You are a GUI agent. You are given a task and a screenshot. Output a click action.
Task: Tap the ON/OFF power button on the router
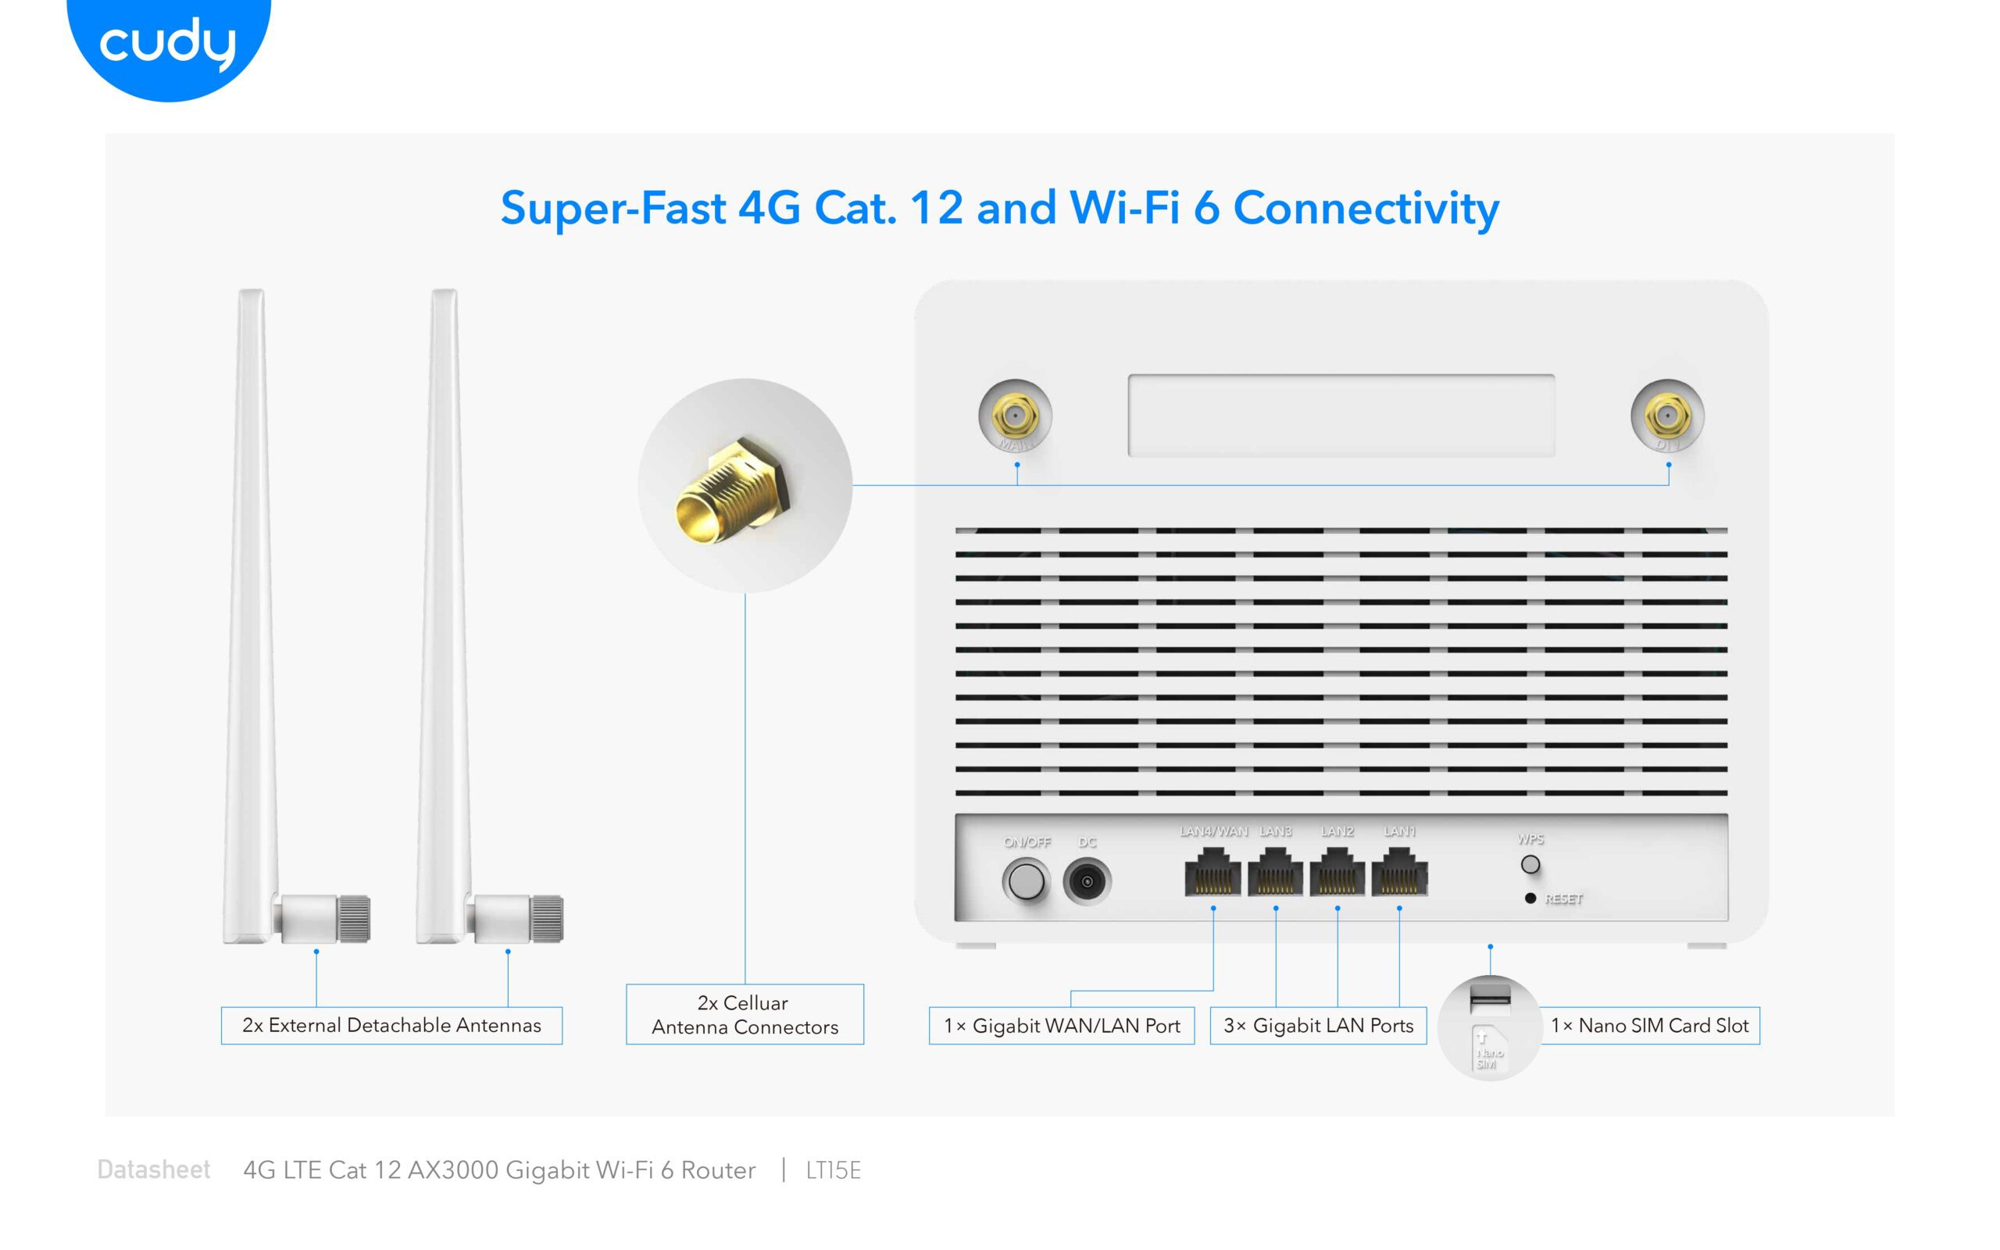(x=1027, y=881)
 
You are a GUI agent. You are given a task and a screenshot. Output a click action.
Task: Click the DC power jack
(x=1087, y=881)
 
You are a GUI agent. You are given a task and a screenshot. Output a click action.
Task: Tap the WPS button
(x=1530, y=865)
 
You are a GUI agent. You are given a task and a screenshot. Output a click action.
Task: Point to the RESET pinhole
(x=1530, y=898)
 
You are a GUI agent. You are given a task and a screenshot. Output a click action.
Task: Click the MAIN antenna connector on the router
(x=1016, y=416)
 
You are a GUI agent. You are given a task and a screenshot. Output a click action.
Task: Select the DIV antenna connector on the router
(x=1668, y=416)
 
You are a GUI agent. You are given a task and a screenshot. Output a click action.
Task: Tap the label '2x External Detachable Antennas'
(x=391, y=1026)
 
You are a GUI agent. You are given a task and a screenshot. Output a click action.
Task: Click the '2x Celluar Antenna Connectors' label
(x=745, y=1014)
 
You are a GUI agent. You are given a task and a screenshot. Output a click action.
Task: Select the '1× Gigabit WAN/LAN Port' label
(x=1061, y=1026)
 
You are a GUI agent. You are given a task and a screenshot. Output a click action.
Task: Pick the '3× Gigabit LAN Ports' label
(x=1318, y=1026)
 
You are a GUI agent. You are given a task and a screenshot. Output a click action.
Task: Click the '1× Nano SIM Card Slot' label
(x=1649, y=1026)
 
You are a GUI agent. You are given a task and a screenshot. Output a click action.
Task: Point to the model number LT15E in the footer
(x=833, y=1170)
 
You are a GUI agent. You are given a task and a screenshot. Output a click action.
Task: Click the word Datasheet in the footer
(x=154, y=1170)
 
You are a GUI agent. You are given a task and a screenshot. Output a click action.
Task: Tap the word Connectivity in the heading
(x=1366, y=209)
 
